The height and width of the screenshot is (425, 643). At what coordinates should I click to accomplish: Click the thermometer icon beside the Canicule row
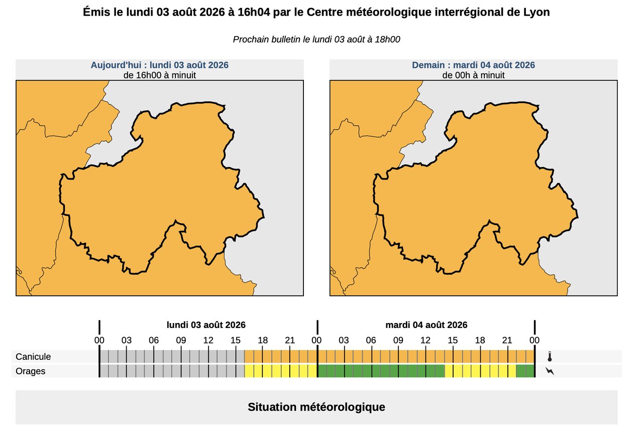tap(550, 356)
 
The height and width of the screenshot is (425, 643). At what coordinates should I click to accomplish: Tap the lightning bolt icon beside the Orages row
tap(550, 371)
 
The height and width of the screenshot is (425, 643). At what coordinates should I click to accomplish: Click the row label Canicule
tap(33, 357)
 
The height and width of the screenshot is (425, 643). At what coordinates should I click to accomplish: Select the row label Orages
tap(31, 371)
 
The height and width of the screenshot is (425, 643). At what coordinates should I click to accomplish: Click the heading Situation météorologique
tap(316, 407)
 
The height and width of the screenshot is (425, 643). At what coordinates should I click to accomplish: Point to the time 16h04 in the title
tap(254, 12)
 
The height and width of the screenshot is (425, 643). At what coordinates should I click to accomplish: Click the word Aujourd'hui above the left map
tap(116, 65)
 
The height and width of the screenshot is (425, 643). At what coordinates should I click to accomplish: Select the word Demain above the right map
tap(428, 65)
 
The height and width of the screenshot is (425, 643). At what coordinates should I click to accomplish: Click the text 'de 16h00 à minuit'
tap(160, 75)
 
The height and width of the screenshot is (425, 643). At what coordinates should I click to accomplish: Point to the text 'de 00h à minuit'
tap(473, 75)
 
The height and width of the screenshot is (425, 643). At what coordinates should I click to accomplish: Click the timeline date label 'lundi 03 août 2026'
tap(206, 325)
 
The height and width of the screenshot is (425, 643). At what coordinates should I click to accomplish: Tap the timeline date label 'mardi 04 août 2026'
tap(426, 325)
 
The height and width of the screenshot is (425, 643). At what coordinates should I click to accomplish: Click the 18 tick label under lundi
tap(263, 340)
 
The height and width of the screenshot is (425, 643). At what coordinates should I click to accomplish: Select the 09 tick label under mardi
tap(398, 340)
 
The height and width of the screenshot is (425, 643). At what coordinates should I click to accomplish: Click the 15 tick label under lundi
tap(236, 340)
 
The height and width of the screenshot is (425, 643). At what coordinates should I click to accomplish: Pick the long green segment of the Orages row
tap(381, 371)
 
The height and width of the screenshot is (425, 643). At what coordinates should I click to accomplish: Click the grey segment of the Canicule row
tap(172, 356)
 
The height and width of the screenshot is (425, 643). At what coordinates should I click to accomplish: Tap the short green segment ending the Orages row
tap(525, 371)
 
